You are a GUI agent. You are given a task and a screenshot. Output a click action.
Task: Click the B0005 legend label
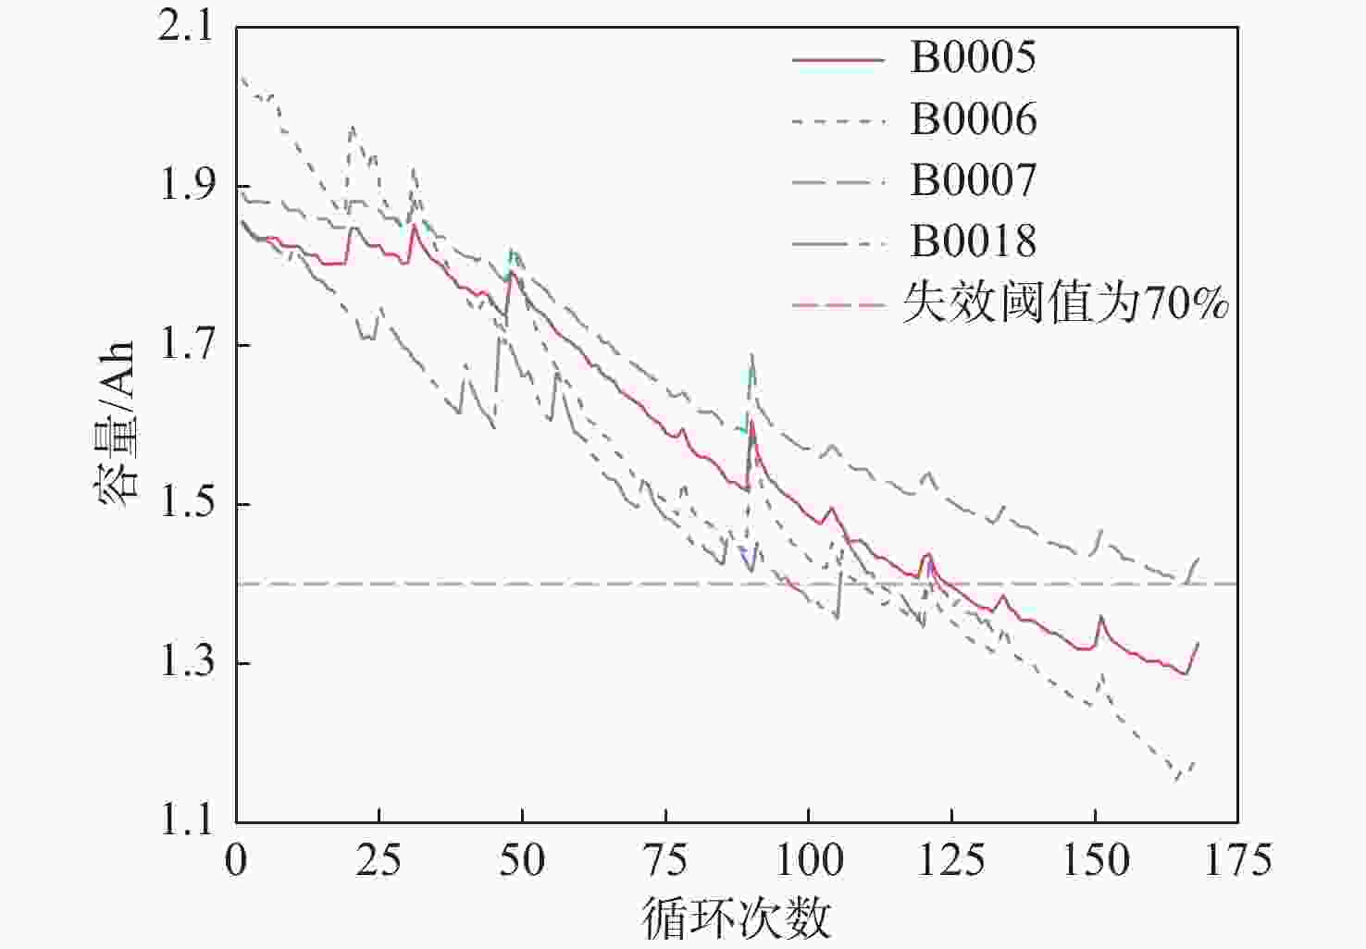(x=973, y=57)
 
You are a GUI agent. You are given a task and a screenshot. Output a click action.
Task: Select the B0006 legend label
(x=974, y=118)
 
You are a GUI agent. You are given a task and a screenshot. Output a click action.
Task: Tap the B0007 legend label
(x=974, y=179)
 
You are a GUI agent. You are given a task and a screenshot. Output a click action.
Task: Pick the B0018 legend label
(x=974, y=240)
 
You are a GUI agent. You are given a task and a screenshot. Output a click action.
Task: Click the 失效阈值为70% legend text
(x=1065, y=302)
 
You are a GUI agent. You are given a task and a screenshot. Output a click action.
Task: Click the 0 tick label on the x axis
(x=236, y=860)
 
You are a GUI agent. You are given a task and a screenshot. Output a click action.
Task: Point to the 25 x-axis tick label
(x=379, y=860)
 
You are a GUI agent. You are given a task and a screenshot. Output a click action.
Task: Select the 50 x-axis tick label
(x=522, y=860)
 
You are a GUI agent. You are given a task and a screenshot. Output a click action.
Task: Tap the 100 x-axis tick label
(x=809, y=860)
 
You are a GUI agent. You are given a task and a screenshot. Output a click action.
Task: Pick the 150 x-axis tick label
(x=1095, y=860)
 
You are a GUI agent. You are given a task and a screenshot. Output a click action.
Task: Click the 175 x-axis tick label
(x=1238, y=860)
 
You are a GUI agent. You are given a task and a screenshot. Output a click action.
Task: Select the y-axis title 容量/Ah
(x=116, y=425)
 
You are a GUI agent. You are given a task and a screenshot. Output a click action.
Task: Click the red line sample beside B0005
(x=838, y=59)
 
